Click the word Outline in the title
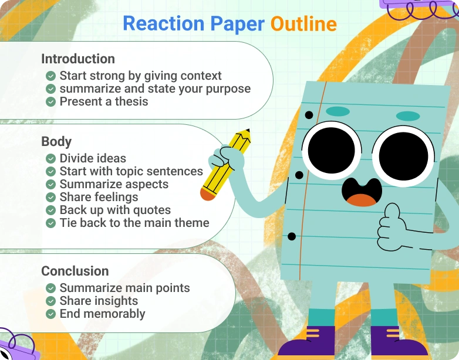coord(303,23)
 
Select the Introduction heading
coord(78,59)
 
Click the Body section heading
coord(56,141)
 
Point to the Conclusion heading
coord(75,271)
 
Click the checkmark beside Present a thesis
coord(50,101)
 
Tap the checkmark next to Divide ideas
coord(50,158)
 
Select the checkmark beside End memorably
coord(50,314)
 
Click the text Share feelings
coord(99,197)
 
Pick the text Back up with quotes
coord(115,210)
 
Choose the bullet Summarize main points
coord(124,288)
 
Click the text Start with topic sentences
coord(131,171)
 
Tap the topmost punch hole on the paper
coord(309,114)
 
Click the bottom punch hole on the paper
coord(292,237)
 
